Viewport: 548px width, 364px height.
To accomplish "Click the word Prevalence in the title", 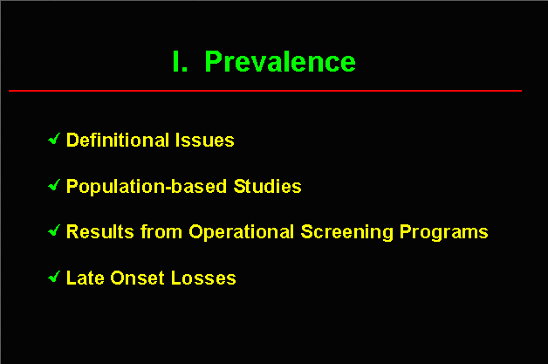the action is tap(280, 62).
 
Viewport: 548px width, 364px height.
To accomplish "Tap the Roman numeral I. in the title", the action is tap(180, 62).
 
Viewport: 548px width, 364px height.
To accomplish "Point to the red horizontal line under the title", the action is tap(265, 91).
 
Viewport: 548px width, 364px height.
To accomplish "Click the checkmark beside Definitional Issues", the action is tap(54, 139).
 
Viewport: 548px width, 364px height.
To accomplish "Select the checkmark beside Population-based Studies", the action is tap(54, 185).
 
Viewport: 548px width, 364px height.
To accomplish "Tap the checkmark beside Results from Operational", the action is tap(54, 230).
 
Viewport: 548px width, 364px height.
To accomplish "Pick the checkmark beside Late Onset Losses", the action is tap(54, 277).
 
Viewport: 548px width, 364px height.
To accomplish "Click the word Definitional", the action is tap(118, 140).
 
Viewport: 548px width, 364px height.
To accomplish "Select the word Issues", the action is tap(205, 140).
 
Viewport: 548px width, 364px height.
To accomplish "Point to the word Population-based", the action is tap(147, 187).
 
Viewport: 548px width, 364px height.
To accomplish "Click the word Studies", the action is tap(267, 186).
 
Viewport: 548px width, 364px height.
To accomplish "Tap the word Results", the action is tap(100, 231).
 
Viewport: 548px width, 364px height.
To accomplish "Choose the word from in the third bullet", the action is tap(161, 231).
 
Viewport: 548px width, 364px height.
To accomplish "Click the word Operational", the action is tap(242, 232).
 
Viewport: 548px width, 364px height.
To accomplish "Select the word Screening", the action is tap(346, 232).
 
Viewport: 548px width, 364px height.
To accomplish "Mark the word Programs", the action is tap(444, 232).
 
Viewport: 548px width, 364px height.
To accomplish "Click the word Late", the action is tap(86, 278).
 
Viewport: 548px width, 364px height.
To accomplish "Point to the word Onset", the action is tap(137, 278).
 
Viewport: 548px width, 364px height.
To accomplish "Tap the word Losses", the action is tap(203, 278).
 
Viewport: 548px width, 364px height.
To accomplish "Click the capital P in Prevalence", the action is tap(213, 62).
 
